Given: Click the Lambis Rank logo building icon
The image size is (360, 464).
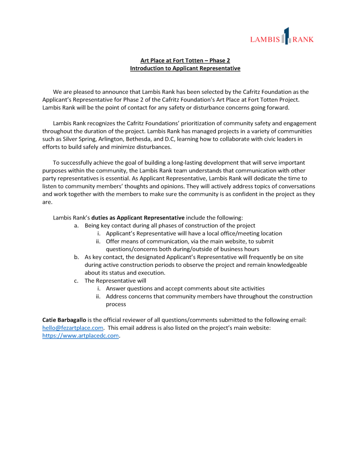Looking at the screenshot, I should click(x=286, y=36).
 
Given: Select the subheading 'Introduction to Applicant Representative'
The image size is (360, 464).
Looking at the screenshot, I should click(x=185, y=68).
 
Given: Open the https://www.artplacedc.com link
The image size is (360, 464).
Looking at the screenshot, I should click(x=80, y=336).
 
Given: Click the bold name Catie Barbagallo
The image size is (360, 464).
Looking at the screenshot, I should click(x=64, y=320).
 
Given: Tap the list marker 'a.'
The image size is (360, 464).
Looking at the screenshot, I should click(x=77, y=225).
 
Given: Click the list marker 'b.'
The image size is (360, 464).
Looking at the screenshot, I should click(x=77, y=257).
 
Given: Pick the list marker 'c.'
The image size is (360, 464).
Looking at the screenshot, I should click(x=77, y=281).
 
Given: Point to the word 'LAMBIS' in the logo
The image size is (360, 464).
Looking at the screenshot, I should click(x=265, y=39).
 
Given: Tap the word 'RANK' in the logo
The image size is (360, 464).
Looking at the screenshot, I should click(x=303, y=39).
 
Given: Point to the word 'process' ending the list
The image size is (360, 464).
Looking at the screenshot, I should click(x=116, y=304).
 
